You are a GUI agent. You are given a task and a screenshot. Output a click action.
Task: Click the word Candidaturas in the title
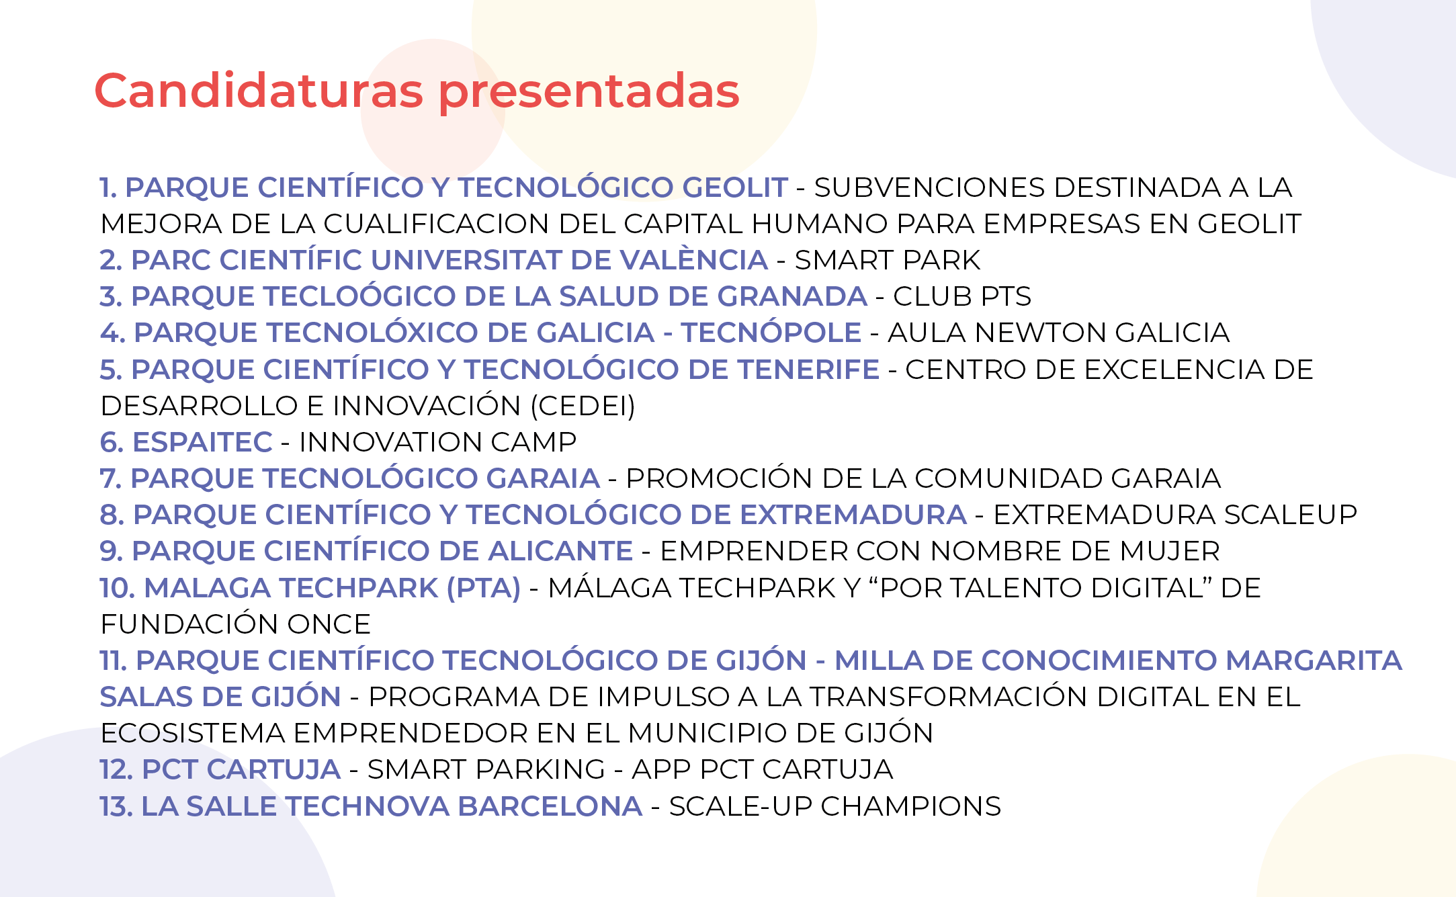259,90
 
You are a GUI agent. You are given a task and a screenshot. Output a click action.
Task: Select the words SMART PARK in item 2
888,260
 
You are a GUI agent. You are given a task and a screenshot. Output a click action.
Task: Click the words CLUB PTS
962,296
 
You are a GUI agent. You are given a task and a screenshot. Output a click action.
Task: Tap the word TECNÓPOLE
771,332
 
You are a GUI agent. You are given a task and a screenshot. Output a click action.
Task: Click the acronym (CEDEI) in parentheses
583,406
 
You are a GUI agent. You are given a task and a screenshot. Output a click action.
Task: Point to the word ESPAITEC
202,442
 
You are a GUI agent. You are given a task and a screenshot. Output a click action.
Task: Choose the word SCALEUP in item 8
1290,515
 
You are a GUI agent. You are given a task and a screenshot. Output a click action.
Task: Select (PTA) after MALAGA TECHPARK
484,588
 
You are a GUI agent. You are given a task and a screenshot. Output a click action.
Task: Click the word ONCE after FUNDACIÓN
329,624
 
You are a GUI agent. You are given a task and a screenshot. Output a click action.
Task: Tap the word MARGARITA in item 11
1314,660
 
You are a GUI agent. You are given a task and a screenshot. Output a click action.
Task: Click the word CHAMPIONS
910,806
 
